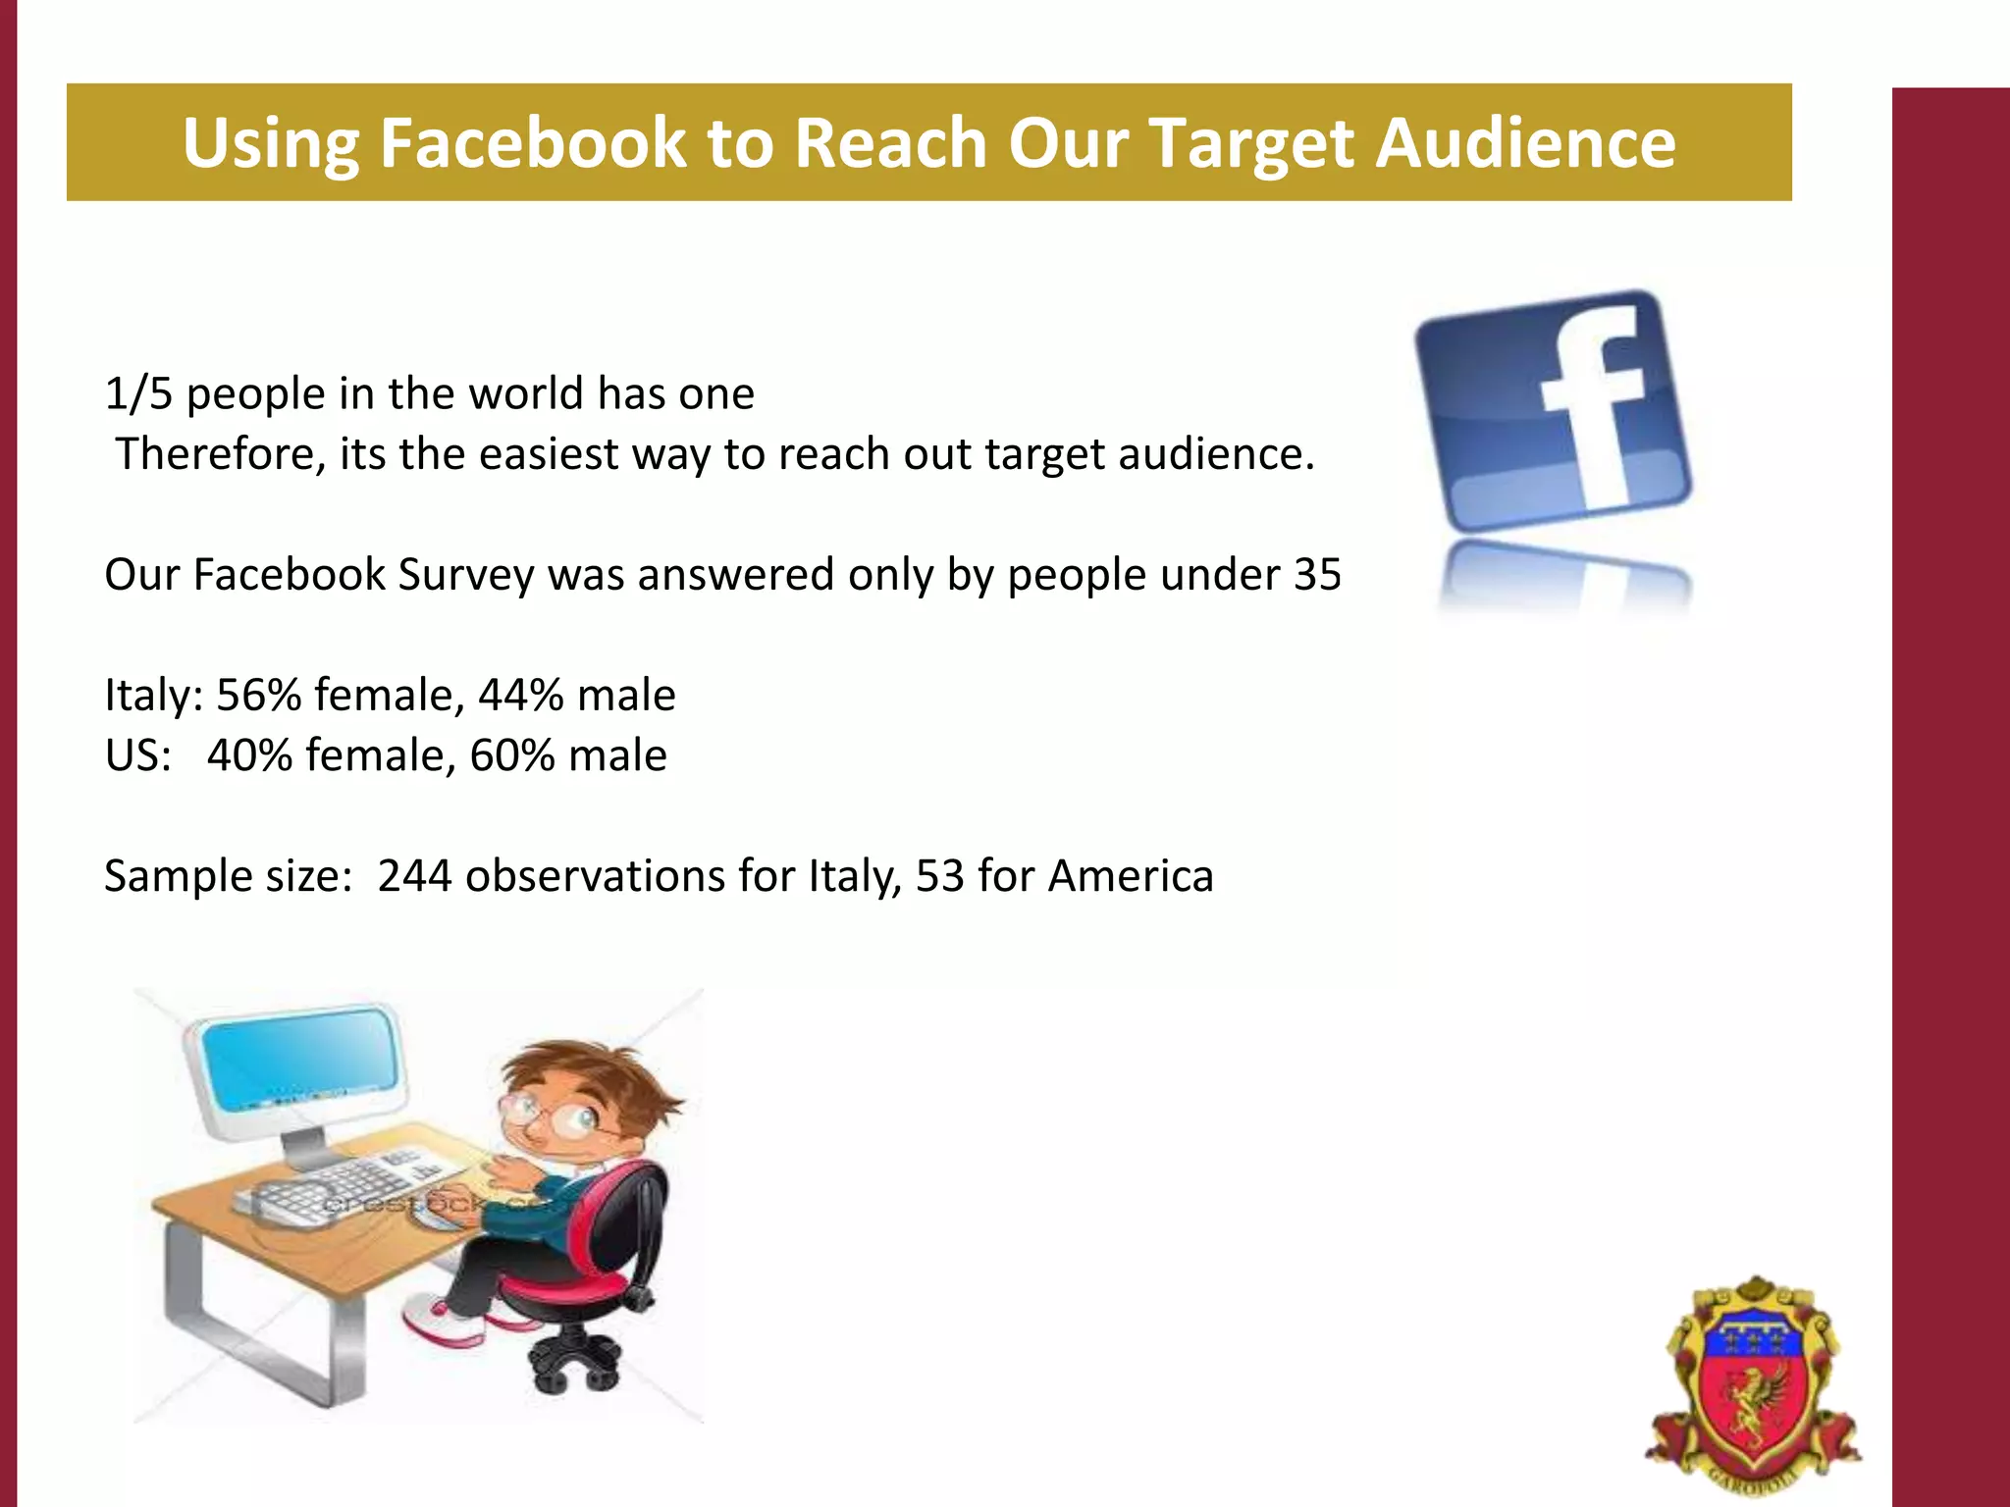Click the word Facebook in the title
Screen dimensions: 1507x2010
(533, 143)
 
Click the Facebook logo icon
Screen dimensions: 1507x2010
(1554, 412)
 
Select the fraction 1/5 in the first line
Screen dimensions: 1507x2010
(138, 394)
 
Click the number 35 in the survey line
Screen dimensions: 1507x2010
(1317, 576)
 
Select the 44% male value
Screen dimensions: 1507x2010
(521, 696)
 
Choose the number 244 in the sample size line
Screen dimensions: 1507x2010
(414, 876)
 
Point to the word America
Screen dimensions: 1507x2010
(1131, 876)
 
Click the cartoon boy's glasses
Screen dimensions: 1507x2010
(550, 1114)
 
